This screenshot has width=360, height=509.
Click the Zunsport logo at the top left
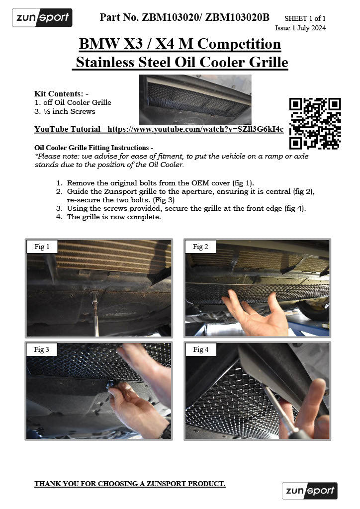tap(42, 18)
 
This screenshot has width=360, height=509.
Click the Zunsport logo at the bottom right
tap(309, 491)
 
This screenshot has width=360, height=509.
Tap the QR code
tap(315, 123)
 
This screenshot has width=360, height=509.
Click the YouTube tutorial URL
tap(195, 129)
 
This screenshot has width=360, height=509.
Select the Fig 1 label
tap(42, 247)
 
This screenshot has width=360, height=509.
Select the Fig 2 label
tap(200, 247)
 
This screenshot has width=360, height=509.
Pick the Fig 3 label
tap(42, 349)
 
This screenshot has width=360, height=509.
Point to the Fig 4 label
tap(200, 349)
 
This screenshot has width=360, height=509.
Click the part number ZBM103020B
tap(237, 18)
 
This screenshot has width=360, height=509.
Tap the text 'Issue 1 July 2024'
tap(300, 28)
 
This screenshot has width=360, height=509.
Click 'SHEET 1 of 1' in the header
tap(305, 18)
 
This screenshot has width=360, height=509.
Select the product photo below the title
tap(195, 99)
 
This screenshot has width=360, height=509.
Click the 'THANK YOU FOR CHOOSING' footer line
tap(130, 484)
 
